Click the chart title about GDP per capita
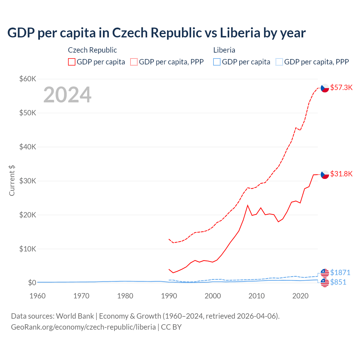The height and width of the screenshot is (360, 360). [156, 33]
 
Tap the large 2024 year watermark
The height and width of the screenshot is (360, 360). [67, 95]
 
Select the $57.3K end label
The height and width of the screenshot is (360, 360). [341, 88]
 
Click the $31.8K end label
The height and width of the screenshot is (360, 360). [341, 174]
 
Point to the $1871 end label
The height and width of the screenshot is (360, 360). [340, 273]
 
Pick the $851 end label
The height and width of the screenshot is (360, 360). [338, 282]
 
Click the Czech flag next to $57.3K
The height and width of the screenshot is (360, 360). [325, 88]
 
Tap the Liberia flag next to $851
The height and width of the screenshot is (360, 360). [325, 283]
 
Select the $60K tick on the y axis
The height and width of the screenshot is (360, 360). [28, 79]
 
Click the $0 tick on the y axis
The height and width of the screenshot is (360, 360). [32, 283]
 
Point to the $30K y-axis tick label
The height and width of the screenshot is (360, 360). [28, 181]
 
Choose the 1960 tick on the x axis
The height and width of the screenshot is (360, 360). [37, 296]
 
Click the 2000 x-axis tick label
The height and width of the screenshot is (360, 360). [213, 296]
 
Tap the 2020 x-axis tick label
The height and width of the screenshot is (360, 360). [300, 296]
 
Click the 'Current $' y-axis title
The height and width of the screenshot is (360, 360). [12, 181]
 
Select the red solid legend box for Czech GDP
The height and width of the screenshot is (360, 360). [72, 62]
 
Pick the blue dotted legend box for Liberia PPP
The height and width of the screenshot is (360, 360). [279, 62]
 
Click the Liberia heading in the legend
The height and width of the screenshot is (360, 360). [224, 50]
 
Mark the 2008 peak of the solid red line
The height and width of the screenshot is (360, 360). [247, 205]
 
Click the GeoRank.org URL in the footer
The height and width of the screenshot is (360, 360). [83, 327]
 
